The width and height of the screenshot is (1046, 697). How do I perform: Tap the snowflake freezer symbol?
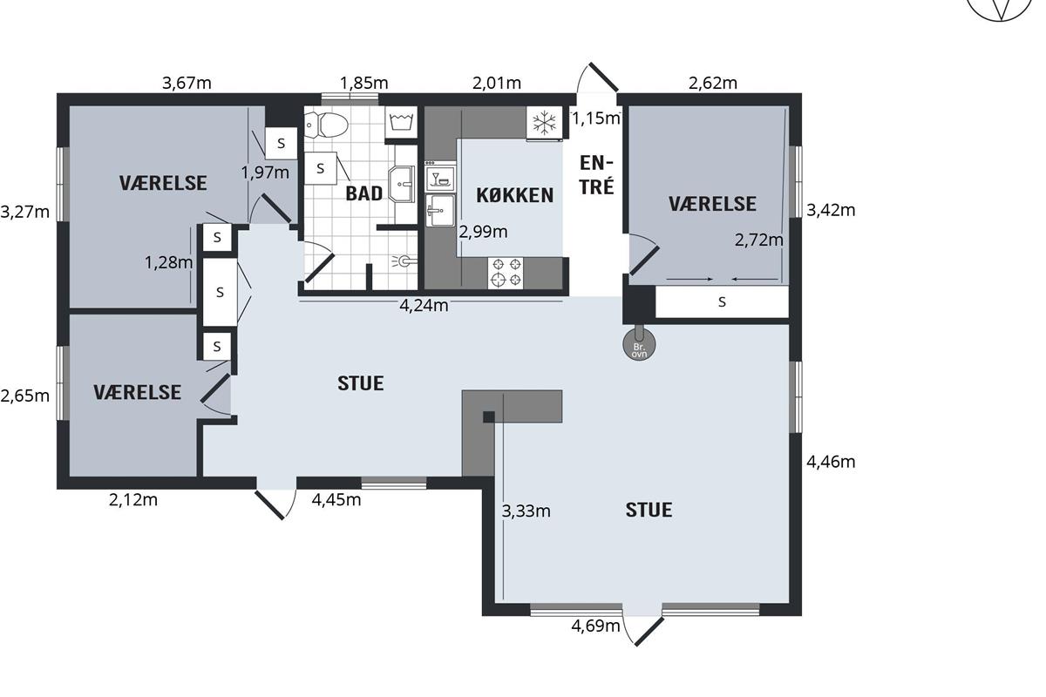pyautogui.click(x=545, y=123)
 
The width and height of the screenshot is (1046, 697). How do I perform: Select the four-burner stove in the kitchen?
pyautogui.click(x=506, y=273)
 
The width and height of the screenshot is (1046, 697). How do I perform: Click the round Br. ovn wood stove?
pyautogui.click(x=639, y=344)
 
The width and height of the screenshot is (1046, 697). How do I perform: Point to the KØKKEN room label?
pyautogui.click(x=514, y=195)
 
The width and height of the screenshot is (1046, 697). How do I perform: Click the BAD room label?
pyautogui.click(x=363, y=193)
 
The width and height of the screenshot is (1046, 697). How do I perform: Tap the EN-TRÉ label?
pyautogui.click(x=596, y=175)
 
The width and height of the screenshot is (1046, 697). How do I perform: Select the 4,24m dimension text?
pyautogui.click(x=424, y=306)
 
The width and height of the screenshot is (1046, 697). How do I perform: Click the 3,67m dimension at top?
pyautogui.click(x=187, y=83)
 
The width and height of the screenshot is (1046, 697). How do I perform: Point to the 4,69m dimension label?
pyautogui.click(x=595, y=626)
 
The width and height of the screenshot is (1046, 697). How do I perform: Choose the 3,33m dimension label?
pyautogui.click(x=526, y=511)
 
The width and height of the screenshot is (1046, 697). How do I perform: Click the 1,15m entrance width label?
pyautogui.click(x=596, y=118)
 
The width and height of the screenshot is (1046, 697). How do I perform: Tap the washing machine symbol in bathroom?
pyautogui.click(x=401, y=122)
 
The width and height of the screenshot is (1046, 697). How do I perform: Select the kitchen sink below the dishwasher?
pyautogui.click(x=440, y=211)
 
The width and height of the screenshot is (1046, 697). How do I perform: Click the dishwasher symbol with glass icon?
pyautogui.click(x=440, y=178)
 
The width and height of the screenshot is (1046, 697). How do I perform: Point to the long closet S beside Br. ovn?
pyautogui.click(x=722, y=302)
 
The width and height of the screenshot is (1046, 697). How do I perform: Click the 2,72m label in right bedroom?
pyautogui.click(x=759, y=240)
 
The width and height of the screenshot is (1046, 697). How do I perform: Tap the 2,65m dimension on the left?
pyautogui.click(x=24, y=396)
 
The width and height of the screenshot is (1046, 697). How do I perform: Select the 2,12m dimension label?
pyautogui.click(x=133, y=500)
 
